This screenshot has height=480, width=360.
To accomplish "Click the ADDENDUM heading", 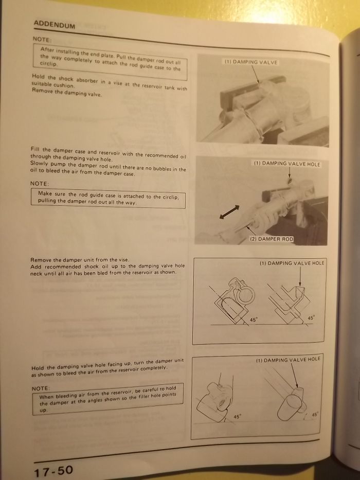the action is point(54,25).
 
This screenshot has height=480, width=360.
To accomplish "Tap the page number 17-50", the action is point(53,470).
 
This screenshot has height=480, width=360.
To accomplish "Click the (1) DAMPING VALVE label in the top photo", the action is point(251,62).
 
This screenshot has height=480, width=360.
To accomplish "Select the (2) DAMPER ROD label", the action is point(272,239).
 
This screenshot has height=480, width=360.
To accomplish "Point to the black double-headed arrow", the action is point(229,212).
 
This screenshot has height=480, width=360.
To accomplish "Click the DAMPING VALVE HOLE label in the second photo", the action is point(287,164).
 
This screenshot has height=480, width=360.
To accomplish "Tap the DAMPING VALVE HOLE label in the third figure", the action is point(292,263).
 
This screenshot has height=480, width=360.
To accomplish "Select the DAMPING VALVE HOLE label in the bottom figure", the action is point(288,360).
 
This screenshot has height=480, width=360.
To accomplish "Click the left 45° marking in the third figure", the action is point(254,319).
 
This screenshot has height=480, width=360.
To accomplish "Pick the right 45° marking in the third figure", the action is point(311,318).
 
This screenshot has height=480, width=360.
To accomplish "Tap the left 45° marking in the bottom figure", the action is point(238,416).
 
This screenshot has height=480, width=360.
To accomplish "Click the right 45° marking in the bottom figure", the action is point(315,414).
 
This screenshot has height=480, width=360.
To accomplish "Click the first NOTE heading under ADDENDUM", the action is point(42,39).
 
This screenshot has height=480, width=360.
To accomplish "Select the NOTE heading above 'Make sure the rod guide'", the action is point(40,183).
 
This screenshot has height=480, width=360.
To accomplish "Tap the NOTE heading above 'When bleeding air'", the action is point(41,388).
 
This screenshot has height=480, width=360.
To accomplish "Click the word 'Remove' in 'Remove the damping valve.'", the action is point(42,91).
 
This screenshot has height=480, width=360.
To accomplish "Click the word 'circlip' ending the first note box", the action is point(49,63).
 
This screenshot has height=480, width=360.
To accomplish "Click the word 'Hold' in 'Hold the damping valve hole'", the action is point(38,368).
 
